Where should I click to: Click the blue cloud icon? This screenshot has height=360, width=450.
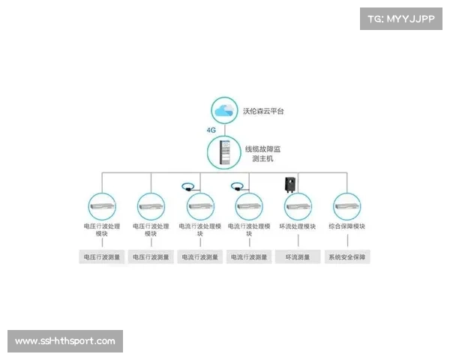pyautogui.click(x=223, y=111)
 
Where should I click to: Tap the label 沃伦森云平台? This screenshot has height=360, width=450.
pyautogui.click(x=265, y=111)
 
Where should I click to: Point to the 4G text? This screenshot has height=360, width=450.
pyautogui.click(x=211, y=130)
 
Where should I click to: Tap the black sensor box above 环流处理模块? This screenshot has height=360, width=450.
pyautogui.click(x=288, y=184)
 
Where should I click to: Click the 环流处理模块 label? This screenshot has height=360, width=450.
pyautogui.click(x=298, y=226)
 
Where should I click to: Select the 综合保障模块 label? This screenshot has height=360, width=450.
pyautogui.click(x=347, y=226)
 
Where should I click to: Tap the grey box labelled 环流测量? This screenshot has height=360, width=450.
pyautogui.click(x=298, y=257)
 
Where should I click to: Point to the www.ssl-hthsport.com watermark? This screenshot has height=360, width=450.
pyautogui.click(x=66, y=341)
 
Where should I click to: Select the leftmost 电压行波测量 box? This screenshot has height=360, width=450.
pyautogui.click(x=102, y=257)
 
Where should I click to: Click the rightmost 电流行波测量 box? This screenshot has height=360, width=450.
pyautogui.click(x=249, y=257)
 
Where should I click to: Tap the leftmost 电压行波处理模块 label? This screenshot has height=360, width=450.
pyautogui.click(x=102, y=229)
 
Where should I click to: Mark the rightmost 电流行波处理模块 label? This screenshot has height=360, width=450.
pyautogui.click(x=249, y=229)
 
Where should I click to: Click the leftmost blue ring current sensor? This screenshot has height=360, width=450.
pyautogui.click(x=188, y=185)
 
